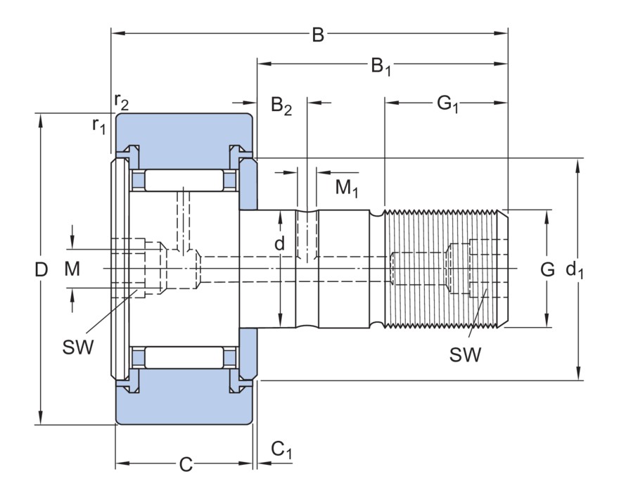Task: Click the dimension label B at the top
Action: tap(317, 35)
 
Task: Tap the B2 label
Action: tap(281, 106)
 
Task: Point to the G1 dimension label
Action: tap(447, 105)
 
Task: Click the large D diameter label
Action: tap(42, 269)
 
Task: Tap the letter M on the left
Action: tap(72, 269)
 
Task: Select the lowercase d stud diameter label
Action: tap(280, 243)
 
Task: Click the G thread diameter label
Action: tap(547, 269)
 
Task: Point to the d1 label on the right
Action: tap(575, 269)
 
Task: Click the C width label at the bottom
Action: tap(185, 464)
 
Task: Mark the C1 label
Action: tap(281, 450)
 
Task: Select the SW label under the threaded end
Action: tap(466, 354)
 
